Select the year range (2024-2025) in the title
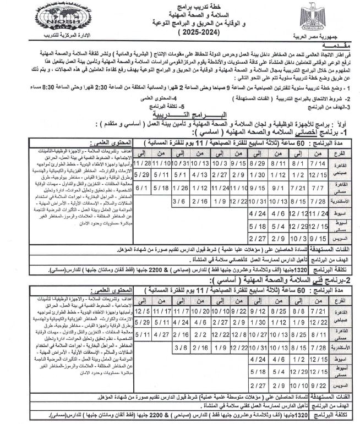click(x=179, y=34)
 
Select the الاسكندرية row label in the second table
click(x=342, y=348)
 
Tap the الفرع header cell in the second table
click(x=342, y=298)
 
